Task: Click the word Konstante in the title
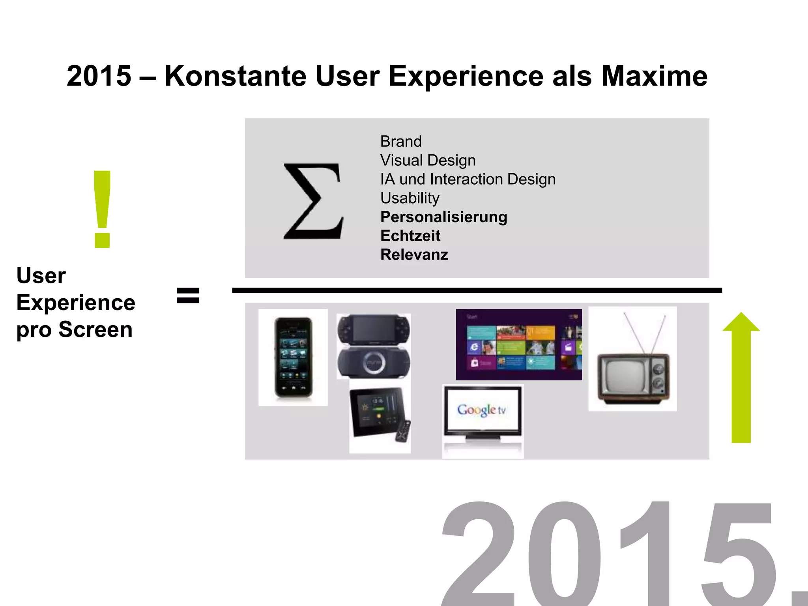[x=235, y=76]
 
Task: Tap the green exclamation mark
[x=102, y=209]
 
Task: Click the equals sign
[x=188, y=296]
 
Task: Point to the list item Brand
[x=401, y=141]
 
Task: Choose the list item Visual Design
[x=428, y=160]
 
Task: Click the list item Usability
[x=410, y=198]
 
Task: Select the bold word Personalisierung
[x=443, y=217]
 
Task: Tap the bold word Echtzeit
[x=410, y=236]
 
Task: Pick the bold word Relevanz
[x=414, y=255]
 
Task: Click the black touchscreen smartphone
[x=293, y=357]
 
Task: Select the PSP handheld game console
[x=373, y=346]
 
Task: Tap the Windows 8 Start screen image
[x=518, y=344]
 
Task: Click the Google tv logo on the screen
[x=482, y=410]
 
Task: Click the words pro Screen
[x=74, y=330]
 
